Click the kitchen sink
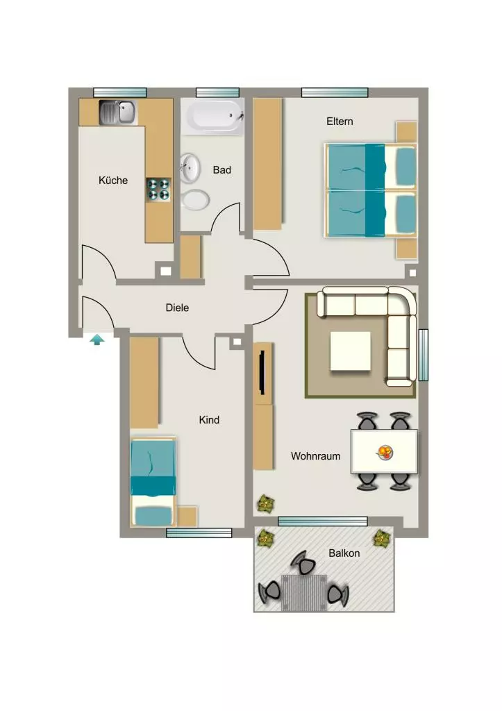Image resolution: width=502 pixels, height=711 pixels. pyautogui.click(x=118, y=112)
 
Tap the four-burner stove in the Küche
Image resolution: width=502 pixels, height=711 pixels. pyautogui.click(x=158, y=190)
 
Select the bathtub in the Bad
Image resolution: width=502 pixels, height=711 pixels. pyautogui.click(x=212, y=117)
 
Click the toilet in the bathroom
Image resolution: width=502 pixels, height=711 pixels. pyautogui.click(x=195, y=199)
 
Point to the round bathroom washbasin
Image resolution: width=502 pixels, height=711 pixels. pyautogui.click(x=190, y=167)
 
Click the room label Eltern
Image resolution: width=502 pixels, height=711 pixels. pyautogui.click(x=340, y=122)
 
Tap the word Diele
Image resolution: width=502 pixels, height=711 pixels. pyautogui.click(x=177, y=308)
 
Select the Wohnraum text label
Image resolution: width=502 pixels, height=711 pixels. pyautogui.click(x=316, y=456)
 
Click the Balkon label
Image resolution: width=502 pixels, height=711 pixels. pyautogui.click(x=344, y=553)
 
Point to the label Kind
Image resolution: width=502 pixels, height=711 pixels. pyautogui.click(x=209, y=420)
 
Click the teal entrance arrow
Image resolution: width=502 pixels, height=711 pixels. pyautogui.click(x=97, y=340)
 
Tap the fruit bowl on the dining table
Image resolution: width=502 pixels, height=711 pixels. pyautogui.click(x=385, y=451)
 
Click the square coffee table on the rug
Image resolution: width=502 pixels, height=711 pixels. pyautogui.click(x=350, y=351)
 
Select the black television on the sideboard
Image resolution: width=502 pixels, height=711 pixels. pyautogui.click(x=262, y=374)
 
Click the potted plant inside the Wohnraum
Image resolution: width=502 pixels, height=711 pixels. pyautogui.click(x=266, y=504)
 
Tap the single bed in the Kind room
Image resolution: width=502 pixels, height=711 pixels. pyautogui.click(x=153, y=482)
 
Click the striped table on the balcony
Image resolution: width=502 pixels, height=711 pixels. pyautogui.click(x=304, y=593)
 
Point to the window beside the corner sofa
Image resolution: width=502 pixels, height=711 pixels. pyautogui.click(x=423, y=355)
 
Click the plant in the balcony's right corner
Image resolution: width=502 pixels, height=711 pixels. pyautogui.click(x=381, y=539)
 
